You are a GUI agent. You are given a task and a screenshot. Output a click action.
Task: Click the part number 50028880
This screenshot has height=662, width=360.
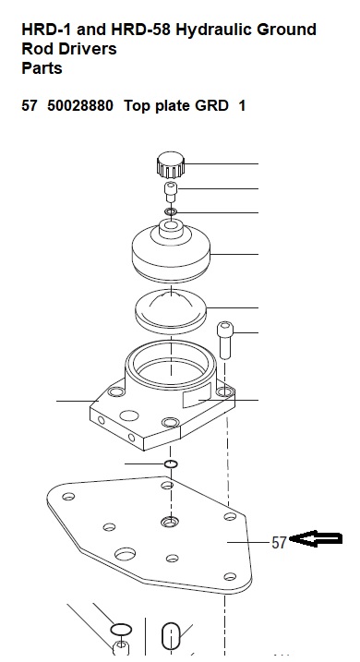80,105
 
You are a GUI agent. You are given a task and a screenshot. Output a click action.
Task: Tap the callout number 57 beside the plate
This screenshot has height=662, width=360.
279,543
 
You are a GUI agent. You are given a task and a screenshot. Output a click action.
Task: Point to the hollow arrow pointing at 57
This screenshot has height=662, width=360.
316,538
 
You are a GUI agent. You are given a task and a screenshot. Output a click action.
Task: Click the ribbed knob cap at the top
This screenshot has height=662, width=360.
171,165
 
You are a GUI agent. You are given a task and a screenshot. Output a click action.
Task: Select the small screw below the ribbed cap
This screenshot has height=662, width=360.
171,192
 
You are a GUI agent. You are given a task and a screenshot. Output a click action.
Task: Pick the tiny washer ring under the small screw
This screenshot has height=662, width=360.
171,211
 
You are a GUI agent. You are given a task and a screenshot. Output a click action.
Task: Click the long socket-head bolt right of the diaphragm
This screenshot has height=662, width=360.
225,340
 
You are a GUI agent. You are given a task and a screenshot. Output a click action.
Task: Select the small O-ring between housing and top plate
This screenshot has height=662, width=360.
171,464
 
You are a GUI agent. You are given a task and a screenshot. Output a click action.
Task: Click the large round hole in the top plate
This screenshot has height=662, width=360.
125,553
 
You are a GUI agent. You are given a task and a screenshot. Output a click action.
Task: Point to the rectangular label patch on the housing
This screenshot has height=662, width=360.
197,396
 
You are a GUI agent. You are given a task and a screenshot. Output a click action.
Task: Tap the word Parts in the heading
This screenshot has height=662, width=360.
42,68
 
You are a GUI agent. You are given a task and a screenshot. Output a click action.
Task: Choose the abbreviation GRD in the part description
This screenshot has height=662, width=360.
211,105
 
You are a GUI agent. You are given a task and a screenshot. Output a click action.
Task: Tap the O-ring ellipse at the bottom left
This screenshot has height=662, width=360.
121,630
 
